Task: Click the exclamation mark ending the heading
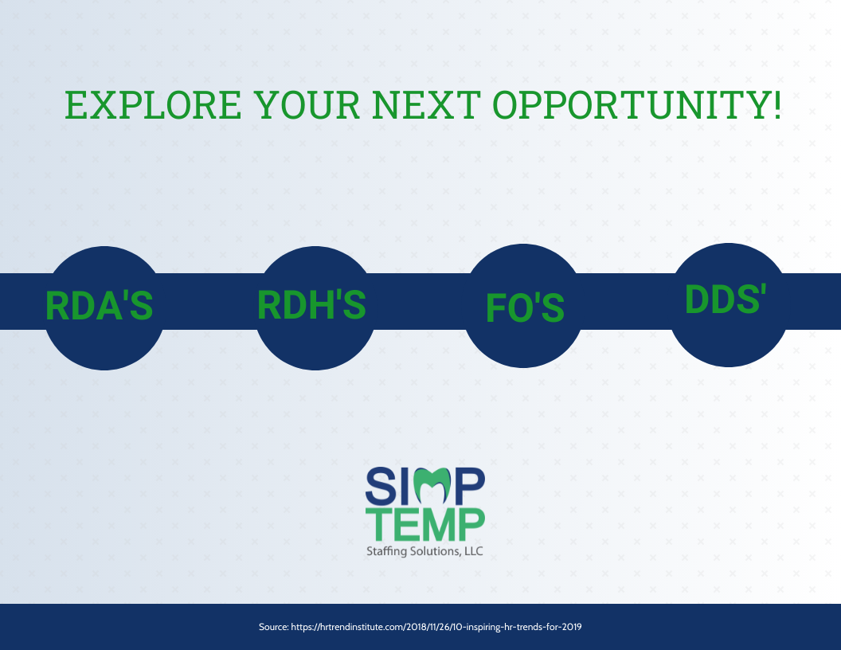pos(776,105)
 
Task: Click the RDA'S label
pos(99,305)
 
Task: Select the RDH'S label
pos(311,305)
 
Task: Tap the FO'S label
pos(525,308)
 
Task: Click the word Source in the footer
pos(273,627)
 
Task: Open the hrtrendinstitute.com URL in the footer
pos(436,627)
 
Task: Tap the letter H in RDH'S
pos(327,305)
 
